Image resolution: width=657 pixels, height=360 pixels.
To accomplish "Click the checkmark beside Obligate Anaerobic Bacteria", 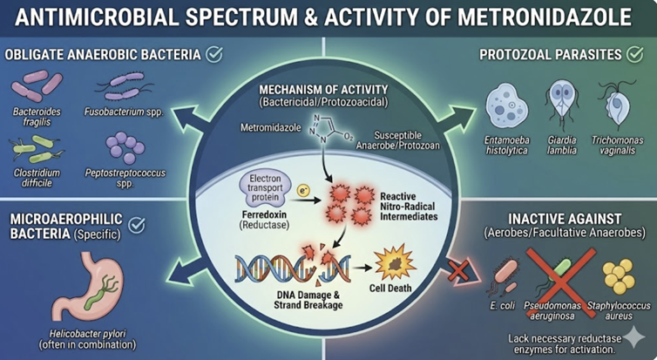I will [x=213, y=55].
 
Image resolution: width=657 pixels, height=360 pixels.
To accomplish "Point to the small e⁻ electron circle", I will [x=304, y=188].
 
